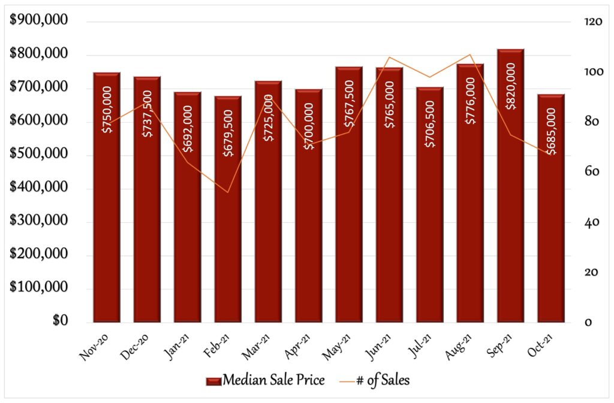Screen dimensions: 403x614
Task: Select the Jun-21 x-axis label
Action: pyautogui.click(x=379, y=347)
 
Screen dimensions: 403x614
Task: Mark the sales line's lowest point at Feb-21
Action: pyautogui.click(x=228, y=192)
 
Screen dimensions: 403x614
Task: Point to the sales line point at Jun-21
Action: pyautogui.click(x=389, y=57)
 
